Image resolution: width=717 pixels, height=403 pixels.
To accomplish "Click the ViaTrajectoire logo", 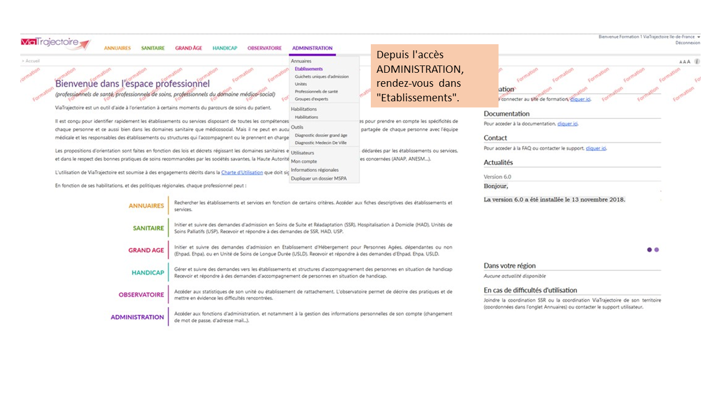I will click(x=55, y=44).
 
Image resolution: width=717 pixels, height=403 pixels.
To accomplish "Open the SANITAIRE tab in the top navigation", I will click(x=153, y=48).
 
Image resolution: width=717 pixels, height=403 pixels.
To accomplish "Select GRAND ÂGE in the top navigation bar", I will click(x=188, y=48).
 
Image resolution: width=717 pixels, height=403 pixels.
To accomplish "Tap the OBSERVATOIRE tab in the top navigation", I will click(x=264, y=48).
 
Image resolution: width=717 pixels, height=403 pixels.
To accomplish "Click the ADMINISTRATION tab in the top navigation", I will click(x=312, y=48).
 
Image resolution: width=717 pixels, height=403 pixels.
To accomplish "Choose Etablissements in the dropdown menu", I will click(x=309, y=69).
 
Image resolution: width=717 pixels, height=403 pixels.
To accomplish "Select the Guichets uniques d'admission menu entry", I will click(x=322, y=77).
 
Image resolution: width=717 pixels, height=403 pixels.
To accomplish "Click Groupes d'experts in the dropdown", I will click(x=311, y=99).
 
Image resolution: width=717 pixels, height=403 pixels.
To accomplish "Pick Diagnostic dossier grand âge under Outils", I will click(x=321, y=135).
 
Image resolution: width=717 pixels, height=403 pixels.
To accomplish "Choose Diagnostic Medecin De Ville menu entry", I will click(x=320, y=143).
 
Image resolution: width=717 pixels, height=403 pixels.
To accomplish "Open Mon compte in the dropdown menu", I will click(x=304, y=161).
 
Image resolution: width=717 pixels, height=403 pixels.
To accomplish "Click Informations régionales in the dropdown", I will click(x=315, y=170).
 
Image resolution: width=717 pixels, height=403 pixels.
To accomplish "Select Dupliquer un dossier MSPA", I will click(x=319, y=179).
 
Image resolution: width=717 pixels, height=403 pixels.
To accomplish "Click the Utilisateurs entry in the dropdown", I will click(x=302, y=153).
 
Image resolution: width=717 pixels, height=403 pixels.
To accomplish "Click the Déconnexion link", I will click(x=687, y=43).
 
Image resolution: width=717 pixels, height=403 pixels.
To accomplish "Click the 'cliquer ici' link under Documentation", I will click(x=567, y=124).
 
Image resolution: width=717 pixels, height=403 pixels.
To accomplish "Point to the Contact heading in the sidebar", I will click(x=495, y=138).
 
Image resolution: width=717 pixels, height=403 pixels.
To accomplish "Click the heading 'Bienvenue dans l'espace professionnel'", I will click(x=132, y=84).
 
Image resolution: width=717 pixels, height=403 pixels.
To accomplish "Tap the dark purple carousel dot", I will click(x=649, y=250).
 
